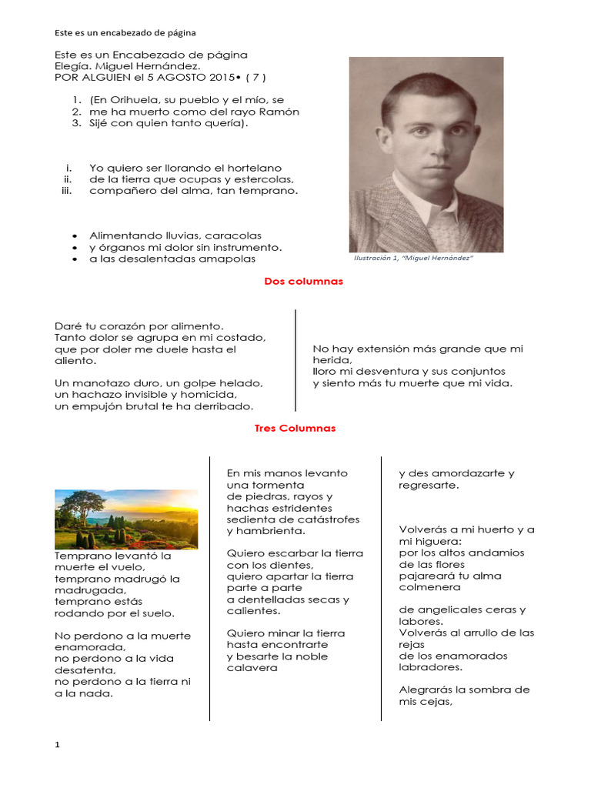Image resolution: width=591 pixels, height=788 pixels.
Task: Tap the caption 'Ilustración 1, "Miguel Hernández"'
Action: pos(412,259)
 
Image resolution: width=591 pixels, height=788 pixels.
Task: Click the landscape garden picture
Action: pos(126,519)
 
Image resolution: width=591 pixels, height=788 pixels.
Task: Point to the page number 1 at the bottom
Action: pos(57,745)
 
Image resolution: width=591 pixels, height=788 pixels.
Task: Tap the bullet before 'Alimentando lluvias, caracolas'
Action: pos(74,235)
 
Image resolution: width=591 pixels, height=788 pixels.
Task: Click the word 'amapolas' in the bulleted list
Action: pos(230,259)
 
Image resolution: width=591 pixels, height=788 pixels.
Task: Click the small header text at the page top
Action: pos(125,33)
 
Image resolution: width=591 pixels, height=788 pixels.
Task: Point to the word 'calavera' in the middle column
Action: pos(252,668)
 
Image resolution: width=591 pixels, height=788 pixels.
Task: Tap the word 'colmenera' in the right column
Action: pos(429,587)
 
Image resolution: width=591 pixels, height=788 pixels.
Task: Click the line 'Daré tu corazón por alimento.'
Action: pos(139,326)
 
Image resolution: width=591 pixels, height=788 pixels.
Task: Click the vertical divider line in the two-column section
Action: pos(296,360)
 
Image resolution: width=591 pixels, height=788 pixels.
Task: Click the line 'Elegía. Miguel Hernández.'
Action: pos(127,66)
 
